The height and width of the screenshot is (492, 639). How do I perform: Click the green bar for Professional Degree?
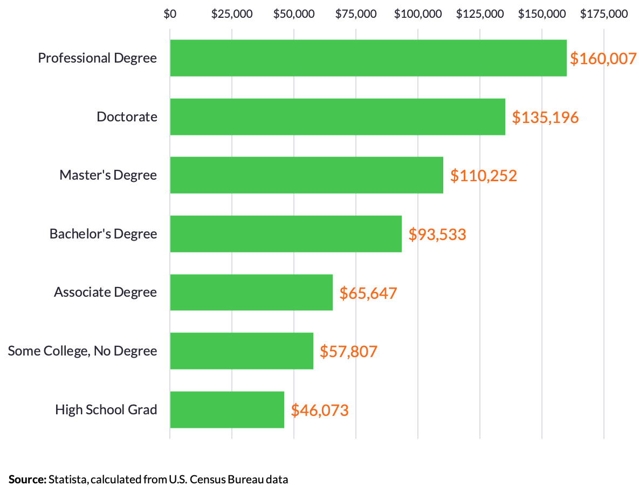click(x=368, y=58)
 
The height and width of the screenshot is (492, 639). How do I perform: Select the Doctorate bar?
click(x=338, y=117)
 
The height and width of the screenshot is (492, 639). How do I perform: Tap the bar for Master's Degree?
click(x=306, y=175)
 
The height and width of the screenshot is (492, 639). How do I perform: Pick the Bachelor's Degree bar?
click(x=286, y=234)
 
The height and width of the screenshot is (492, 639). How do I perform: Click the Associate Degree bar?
click(x=251, y=292)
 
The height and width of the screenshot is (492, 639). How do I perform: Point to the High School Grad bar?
click(x=227, y=409)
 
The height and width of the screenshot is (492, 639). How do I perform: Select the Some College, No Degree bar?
click(x=242, y=351)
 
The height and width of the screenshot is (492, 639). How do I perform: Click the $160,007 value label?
click(x=603, y=59)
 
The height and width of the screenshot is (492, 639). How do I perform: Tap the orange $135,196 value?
click(x=545, y=117)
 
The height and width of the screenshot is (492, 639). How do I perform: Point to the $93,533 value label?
click(x=437, y=234)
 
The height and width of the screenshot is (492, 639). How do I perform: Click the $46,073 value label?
click(x=320, y=410)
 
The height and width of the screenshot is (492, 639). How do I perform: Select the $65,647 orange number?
click(x=368, y=293)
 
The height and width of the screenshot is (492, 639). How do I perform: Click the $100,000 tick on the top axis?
click(x=418, y=13)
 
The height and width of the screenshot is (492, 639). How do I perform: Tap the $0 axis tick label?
click(x=170, y=13)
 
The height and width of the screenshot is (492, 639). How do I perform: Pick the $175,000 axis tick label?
click(x=604, y=13)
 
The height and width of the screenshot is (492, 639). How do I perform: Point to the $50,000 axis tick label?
click(x=294, y=13)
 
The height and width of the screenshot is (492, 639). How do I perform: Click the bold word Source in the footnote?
click(x=27, y=479)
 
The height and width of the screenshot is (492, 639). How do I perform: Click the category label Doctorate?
click(x=127, y=117)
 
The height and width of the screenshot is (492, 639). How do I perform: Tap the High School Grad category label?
click(x=106, y=409)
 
